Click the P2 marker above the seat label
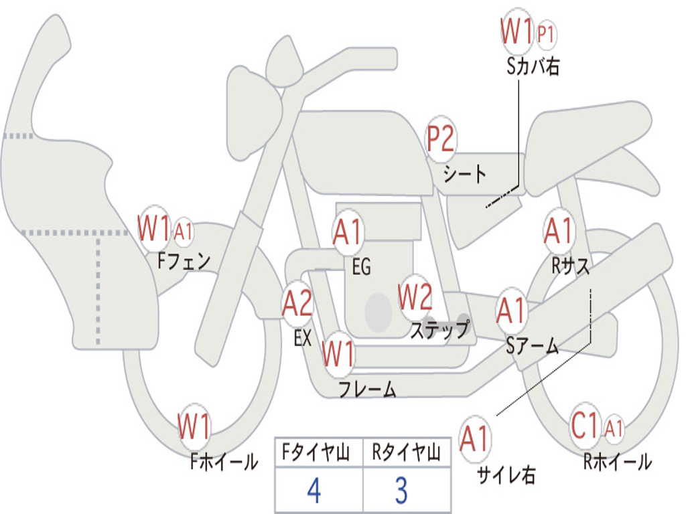pyautogui.click(x=441, y=140)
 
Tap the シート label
pyautogui.click(x=464, y=175)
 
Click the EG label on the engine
pyautogui.click(x=361, y=267)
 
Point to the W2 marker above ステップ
pyautogui.click(x=415, y=298)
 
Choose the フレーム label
pyautogui.click(x=367, y=389)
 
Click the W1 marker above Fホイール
pyautogui.click(x=194, y=427)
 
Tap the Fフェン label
pyautogui.click(x=184, y=260)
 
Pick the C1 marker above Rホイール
pyautogui.click(x=585, y=426)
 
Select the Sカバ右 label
pyautogui.click(x=533, y=67)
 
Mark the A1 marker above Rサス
pyautogui.click(x=559, y=232)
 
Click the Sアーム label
pyautogui.click(x=532, y=345)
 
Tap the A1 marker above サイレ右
pyautogui.click(x=475, y=439)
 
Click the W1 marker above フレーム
pyautogui.click(x=338, y=353)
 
